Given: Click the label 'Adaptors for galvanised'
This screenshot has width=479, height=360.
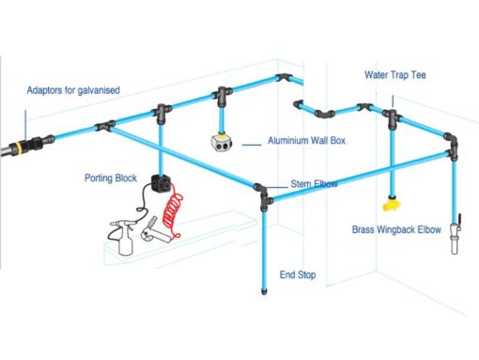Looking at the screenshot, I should tap(74, 91).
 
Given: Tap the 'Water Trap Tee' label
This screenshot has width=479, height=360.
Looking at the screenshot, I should tap(396, 73).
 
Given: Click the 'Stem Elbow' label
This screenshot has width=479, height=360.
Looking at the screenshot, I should tap(314, 184).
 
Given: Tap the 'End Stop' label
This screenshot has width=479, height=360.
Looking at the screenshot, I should tap(297, 275).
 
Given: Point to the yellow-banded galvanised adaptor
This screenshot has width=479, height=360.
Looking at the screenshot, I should tap(18, 147).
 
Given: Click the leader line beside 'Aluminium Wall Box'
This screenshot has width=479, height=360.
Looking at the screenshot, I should tap(251, 144).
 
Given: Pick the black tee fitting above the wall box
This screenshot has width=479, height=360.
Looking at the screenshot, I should tap(223, 94).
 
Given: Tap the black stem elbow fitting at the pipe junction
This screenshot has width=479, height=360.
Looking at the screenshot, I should tap(263, 194).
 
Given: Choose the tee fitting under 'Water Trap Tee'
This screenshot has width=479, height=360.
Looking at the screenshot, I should tap(390, 118).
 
